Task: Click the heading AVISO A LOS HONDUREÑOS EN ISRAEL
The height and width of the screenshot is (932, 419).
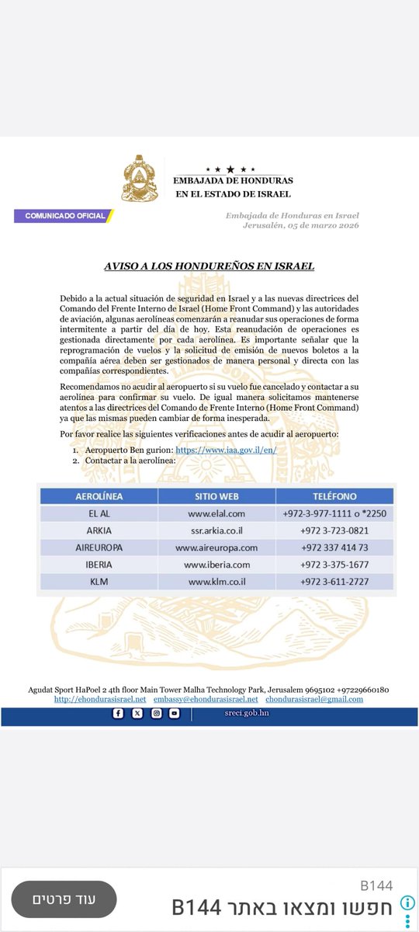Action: pyautogui.click(x=209, y=266)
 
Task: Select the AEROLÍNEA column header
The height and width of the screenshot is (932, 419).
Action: pyautogui.click(x=99, y=495)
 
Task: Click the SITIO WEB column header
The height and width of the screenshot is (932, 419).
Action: pyautogui.click(x=216, y=495)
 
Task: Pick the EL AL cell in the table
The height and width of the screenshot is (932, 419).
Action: pyautogui.click(x=99, y=513)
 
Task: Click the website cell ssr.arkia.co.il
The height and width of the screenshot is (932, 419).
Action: pyautogui.click(x=216, y=530)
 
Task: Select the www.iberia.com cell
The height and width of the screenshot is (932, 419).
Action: pyautogui.click(x=216, y=565)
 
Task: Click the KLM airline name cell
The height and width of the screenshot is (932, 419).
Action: pyautogui.click(x=99, y=582)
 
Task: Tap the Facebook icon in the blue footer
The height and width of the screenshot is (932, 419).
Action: pyautogui.click(x=118, y=714)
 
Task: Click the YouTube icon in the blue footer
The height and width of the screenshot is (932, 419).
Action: pyautogui.click(x=174, y=714)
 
